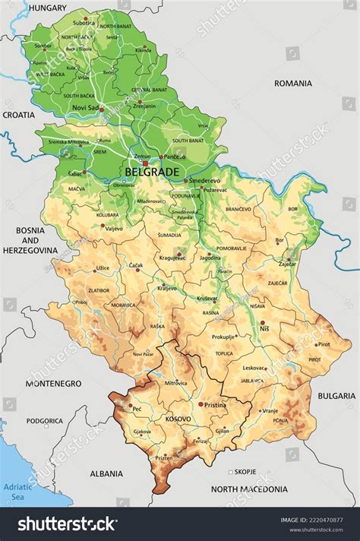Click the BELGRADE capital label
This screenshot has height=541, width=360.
[x=152, y=172]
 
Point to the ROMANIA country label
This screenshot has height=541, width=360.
[x=293, y=83]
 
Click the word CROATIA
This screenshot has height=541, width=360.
[x=18, y=115]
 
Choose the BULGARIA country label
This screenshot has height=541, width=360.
[x=336, y=396]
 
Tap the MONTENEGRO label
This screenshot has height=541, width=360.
[x=53, y=384]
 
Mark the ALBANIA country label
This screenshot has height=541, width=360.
[x=106, y=473]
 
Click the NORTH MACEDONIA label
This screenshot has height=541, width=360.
[x=249, y=489]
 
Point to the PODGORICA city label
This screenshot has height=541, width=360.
[x=45, y=420]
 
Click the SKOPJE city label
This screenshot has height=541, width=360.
[x=245, y=471]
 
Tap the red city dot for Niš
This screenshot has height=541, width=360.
[x=263, y=323]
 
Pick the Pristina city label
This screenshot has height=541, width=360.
[x=215, y=406]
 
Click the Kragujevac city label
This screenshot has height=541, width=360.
[x=172, y=258]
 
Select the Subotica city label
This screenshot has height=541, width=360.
[x=84, y=22]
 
